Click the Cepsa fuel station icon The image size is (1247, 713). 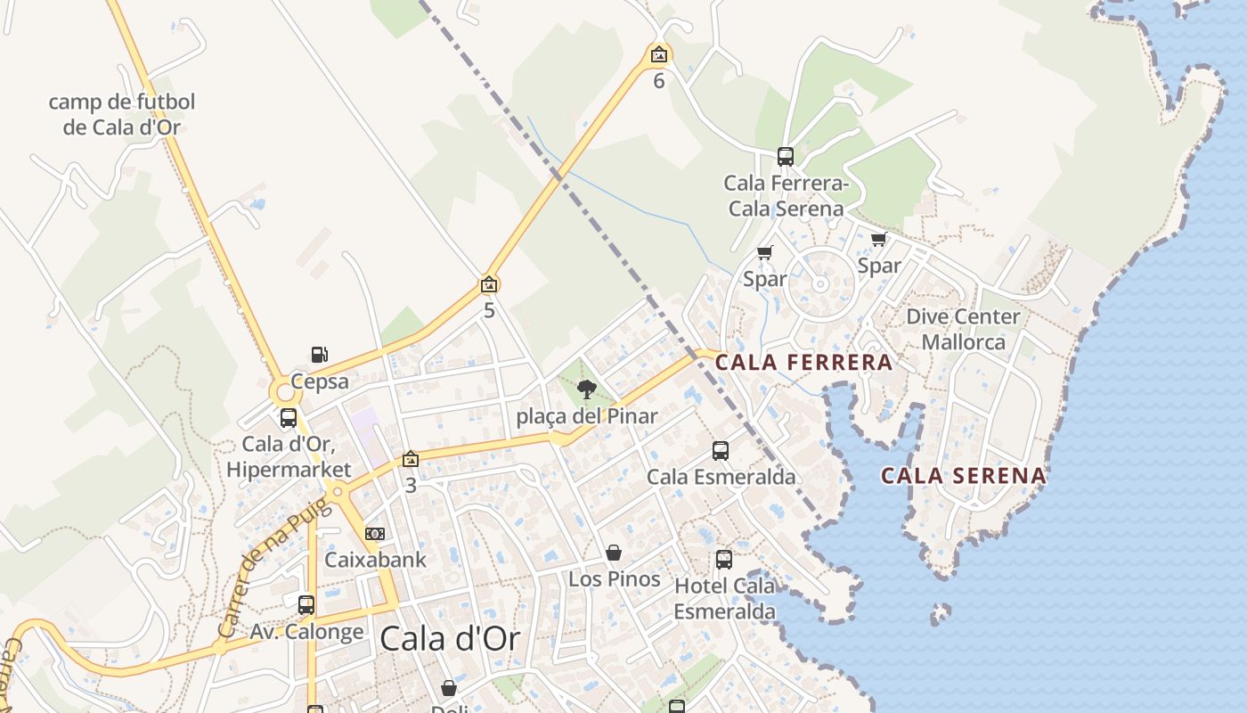coord(319,355)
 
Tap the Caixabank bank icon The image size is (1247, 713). coord(375,534)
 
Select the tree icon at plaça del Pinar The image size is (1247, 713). coord(586,389)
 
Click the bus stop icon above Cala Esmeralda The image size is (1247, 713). coord(721,451)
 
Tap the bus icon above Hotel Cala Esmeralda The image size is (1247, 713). coord(724,560)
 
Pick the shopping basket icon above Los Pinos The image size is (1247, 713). coord(614,553)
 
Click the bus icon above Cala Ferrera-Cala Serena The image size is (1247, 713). coord(785,157)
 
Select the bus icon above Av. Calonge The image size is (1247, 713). coord(306,605)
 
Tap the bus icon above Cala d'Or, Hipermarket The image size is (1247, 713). coord(289,418)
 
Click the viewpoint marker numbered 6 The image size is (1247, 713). coord(658,55)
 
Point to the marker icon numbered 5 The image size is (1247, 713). coord(488,285)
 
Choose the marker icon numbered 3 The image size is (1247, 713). coord(410,460)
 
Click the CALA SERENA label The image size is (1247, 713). coord(964,476)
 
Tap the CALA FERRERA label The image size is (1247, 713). coord(803,362)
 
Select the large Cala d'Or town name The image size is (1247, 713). coord(450,638)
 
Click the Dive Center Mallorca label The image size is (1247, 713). coord(963,329)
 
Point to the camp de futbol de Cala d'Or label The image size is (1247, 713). coord(122,114)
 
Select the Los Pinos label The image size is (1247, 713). coord(615,579)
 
